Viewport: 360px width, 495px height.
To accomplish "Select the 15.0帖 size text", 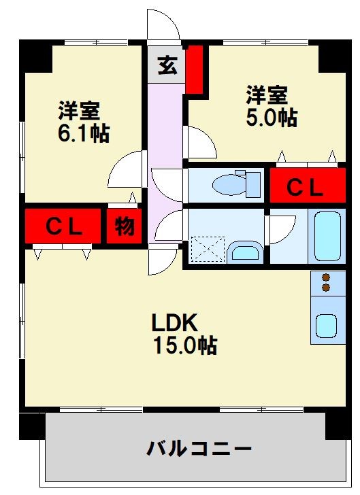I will [184, 345].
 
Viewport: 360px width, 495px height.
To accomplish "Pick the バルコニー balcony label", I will [199, 448].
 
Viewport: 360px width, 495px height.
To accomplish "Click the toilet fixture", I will [235, 183].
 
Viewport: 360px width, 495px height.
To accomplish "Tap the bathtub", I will [327, 235].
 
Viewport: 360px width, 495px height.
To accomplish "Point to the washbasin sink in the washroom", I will [245, 252].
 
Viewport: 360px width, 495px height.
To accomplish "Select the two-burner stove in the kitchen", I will [325, 283].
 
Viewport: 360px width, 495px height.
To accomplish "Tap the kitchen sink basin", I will [325, 326].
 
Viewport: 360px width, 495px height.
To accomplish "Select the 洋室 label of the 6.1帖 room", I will [80, 109].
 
